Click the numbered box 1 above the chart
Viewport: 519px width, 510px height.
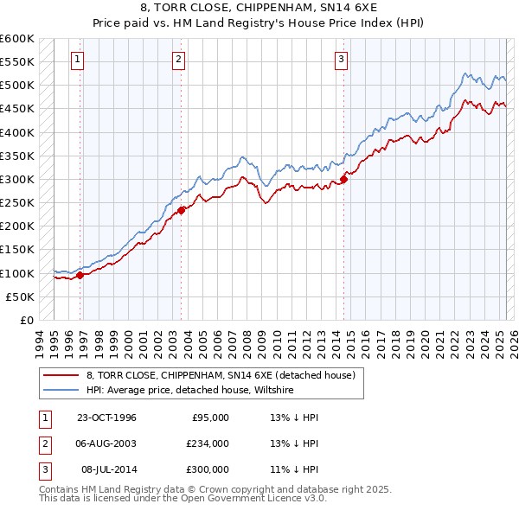[78, 60]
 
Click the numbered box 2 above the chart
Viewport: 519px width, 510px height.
[178, 60]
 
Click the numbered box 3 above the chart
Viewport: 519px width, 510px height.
[341, 60]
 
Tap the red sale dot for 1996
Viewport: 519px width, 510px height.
[80, 276]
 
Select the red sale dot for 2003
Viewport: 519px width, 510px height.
[181, 210]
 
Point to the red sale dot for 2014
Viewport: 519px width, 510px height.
[343, 179]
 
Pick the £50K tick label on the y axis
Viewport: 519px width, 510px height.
[21, 296]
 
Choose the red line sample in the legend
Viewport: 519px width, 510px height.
[61, 375]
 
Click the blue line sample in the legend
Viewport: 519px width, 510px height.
[61, 390]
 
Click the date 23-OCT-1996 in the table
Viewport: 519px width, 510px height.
[106, 418]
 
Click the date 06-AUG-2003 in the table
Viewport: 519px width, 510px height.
[106, 443]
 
